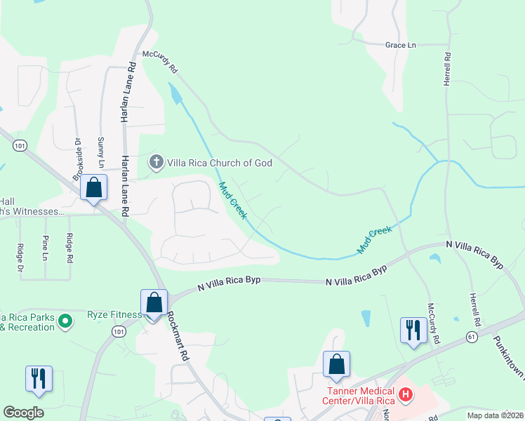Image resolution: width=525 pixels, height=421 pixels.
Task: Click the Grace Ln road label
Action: pyautogui.click(x=400, y=45)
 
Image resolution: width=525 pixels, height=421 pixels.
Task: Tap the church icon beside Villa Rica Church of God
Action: pyautogui.click(x=156, y=163)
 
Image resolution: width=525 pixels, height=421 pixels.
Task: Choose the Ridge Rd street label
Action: pyautogui.click(x=68, y=248)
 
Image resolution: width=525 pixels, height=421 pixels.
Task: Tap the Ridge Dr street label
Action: pyautogui.click(x=20, y=258)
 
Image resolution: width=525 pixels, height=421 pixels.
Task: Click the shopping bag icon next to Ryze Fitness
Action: pyautogui.click(x=154, y=303)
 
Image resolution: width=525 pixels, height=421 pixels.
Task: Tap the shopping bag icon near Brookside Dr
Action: pyautogui.click(x=93, y=188)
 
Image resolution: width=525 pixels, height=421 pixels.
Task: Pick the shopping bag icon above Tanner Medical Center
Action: pyautogui.click(x=337, y=364)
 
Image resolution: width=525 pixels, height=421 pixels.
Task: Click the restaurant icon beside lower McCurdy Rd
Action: pyautogui.click(x=413, y=329)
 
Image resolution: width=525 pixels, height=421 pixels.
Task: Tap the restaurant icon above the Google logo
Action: pyautogui.click(x=37, y=378)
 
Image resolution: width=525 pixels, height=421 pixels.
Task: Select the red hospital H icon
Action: pyautogui.click(x=405, y=394)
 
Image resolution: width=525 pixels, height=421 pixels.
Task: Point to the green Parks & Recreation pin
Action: pyautogui.click(x=66, y=322)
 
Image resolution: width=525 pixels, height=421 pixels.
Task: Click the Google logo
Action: pyautogui.click(x=24, y=412)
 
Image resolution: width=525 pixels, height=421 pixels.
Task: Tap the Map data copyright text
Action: pyautogui.click(x=494, y=415)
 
